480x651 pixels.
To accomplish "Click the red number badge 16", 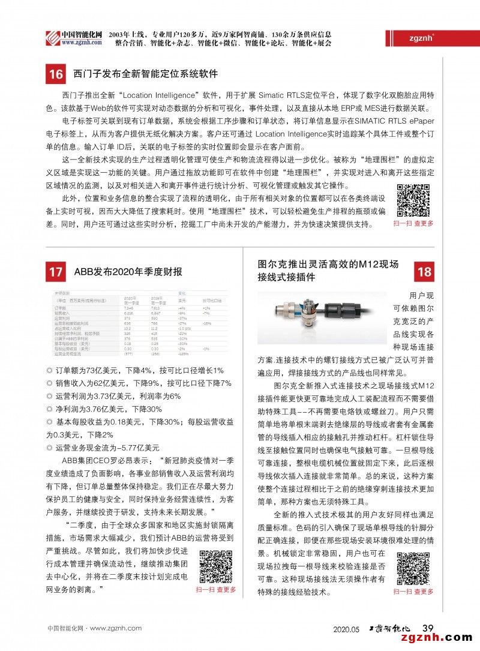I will [56, 74].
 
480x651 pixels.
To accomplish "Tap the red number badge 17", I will [56, 272].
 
